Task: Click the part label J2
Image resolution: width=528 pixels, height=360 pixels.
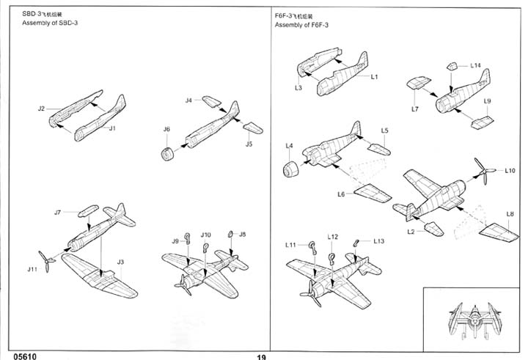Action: pyautogui.click(x=41, y=109)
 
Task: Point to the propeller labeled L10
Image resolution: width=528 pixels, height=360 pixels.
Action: pyautogui.click(x=480, y=173)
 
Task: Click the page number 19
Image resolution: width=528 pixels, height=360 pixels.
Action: pyautogui.click(x=262, y=356)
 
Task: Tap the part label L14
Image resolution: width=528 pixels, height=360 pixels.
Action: pyautogui.click(x=476, y=66)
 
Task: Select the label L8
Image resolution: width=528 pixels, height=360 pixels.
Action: pyautogui.click(x=510, y=214)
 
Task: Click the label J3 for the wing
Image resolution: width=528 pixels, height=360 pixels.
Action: pyautogui.click(x=121, y=262)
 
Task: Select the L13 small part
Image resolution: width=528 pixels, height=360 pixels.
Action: pyautogui.click(x=357, y=242)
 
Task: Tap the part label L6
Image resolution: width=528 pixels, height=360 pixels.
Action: pyautogui.click(x=341, y=194)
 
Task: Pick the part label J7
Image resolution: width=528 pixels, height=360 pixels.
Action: pyautogui.click(x=57, y=213)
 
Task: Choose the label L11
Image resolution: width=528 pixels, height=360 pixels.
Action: pyautogui.click(x=291, y=243)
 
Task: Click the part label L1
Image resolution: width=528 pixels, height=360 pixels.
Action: pyautogui.click(x=374, y=76)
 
